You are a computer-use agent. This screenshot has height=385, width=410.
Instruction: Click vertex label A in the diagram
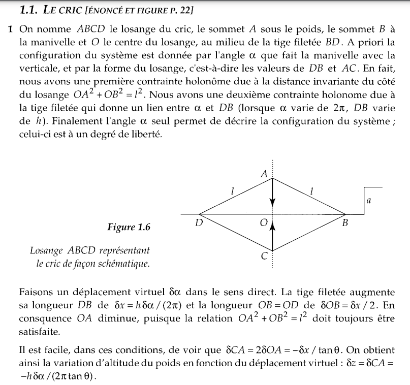coord(264,173)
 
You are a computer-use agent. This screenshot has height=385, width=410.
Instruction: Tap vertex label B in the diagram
coord(345,222)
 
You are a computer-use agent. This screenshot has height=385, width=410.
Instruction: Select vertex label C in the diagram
coord(264,256)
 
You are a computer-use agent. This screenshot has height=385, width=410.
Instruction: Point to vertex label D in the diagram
coord(199,222)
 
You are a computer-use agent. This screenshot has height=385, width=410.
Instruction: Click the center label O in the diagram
coord(263,222)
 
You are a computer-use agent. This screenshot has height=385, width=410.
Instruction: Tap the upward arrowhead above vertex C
coord(273,226)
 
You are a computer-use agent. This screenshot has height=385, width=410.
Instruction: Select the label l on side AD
coord(232,191)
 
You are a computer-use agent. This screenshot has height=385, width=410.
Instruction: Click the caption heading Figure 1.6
coord(129,227)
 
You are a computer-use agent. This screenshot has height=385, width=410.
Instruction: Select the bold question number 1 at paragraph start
coord(10,29)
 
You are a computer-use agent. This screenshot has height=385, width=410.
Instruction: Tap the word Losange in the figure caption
coord(46,251)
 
